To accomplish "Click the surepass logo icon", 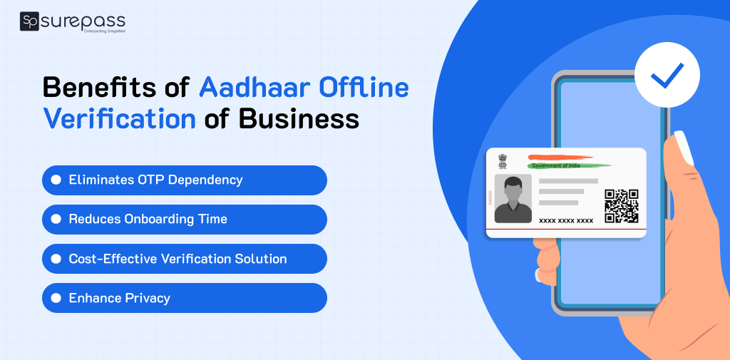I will (30, 22).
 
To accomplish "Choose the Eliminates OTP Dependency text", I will (155, 180).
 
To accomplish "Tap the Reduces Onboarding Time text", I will (148, 219).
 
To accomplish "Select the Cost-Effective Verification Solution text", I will (178, 259).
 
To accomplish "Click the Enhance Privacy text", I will (119, 298).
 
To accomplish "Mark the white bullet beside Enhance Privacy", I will (56, 298).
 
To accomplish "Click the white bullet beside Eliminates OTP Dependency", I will (56, 180).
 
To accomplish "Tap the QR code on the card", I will (621, 205).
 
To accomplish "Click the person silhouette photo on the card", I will (513, 199).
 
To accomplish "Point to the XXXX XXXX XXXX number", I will (566, 221).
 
